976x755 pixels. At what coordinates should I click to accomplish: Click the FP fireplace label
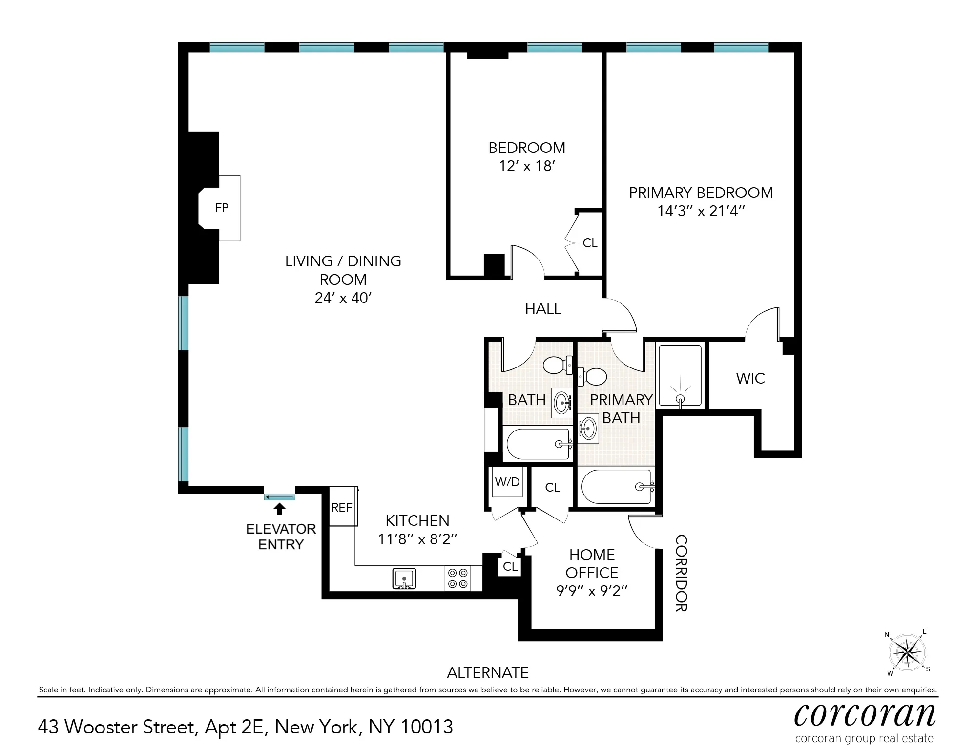point(222,208)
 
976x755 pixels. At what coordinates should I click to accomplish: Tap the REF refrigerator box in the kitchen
point(342,507)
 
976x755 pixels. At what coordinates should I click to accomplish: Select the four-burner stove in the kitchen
point(458,578)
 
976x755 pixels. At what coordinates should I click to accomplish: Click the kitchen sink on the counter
point(404,579)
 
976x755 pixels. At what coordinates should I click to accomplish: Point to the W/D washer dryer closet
point(507,482)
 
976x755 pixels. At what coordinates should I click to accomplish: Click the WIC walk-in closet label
point(750,378)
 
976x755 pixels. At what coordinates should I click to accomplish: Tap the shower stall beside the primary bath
point(680,375)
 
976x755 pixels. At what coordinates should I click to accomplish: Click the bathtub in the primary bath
point(616,487)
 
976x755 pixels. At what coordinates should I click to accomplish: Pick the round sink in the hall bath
point(562,404)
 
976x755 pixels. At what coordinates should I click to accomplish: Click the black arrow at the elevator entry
point(279,509)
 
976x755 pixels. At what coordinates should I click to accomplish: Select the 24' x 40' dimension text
point(343,298)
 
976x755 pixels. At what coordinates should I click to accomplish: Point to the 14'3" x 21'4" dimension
point(701,211)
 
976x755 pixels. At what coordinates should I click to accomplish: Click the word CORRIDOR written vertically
point(681,573)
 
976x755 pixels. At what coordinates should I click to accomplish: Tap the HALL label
point(543,308)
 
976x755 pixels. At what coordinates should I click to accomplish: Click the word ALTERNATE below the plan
point(487,672)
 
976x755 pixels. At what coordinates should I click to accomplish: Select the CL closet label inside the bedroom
point(590,243)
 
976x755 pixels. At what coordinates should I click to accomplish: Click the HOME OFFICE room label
point(592,563)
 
